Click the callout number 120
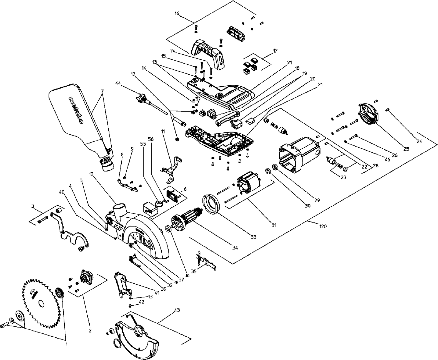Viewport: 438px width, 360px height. tap(323, 226)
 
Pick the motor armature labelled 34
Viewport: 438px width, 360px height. tap(186, 218)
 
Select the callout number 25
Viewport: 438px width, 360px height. tap(406, 149)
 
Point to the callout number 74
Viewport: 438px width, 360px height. tap(172, 51)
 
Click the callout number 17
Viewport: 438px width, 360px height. tap(275, 51)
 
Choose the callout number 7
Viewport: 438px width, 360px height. tap(102, 91)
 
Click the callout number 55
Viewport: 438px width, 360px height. tap(143, 144)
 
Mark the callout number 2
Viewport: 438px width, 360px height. tap(90, 331)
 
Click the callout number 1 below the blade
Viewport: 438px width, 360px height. tap(66, 344)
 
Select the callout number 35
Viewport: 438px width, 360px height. tap(194, 271)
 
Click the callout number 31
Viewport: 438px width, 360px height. tap(274, 225)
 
